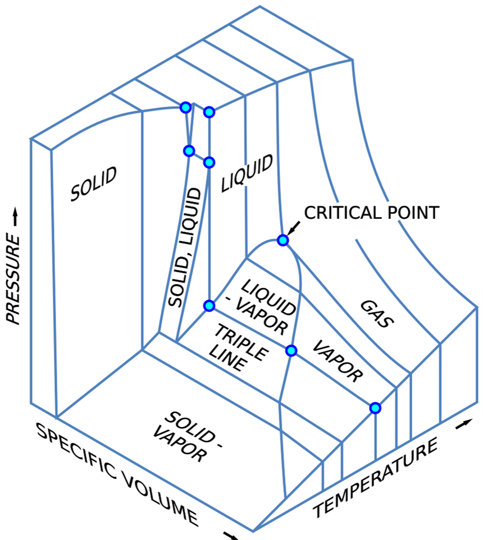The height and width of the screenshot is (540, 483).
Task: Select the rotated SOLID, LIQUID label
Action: tap(184, 248)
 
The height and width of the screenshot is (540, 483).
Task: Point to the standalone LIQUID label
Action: tap(247, 173)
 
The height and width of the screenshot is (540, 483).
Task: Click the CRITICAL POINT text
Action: tap(371, 213)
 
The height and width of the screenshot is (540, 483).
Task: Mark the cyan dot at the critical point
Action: tap(283, 240)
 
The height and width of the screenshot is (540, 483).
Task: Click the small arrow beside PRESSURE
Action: tap(13, 216)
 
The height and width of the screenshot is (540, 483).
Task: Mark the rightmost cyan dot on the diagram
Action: tap(375, 408)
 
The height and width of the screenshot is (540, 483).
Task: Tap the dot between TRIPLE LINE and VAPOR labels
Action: tap(291, 351)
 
